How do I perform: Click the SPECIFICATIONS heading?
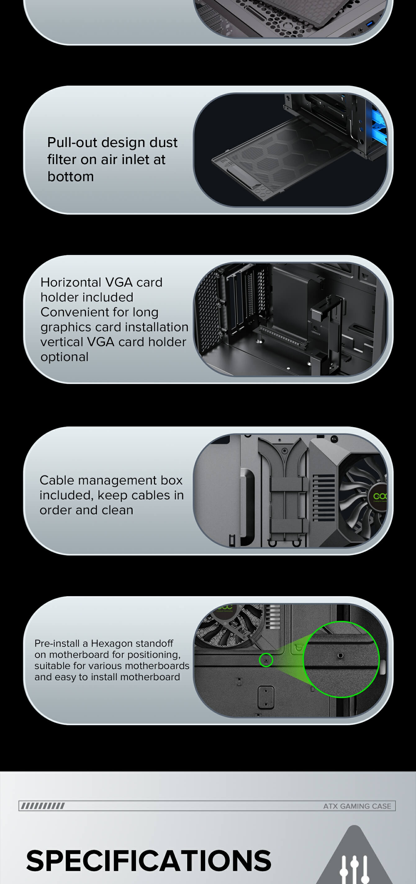click(x=148, y=860)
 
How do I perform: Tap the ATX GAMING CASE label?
click(x=357, y=806)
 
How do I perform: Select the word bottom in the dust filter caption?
click(x=70, y=176)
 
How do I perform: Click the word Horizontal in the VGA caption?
click(x=71, y=282)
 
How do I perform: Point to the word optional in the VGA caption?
click(x=65, y=357)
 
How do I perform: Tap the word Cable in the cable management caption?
click(x=57, y=480)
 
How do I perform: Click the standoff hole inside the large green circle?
click(x=341, y=655)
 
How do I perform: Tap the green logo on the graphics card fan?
click(x=380, y=497)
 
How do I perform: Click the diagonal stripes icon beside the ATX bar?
click(x=43, y=806)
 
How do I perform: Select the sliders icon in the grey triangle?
click(x=354, y=869)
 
